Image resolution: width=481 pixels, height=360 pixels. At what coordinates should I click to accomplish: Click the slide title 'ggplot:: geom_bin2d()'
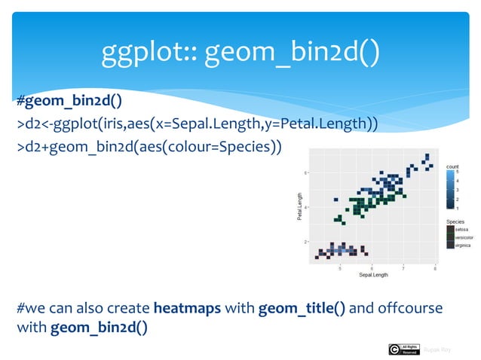click(x=240, y=51)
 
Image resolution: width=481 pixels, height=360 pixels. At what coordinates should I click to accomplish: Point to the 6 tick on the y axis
click(x=305, y=172)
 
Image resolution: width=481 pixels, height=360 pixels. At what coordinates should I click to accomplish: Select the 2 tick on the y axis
click(x=305, y=242)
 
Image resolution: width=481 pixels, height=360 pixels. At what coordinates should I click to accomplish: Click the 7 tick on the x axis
click(x=403, y=267)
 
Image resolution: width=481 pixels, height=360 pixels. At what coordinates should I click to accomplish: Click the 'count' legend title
click(x=452, y=166)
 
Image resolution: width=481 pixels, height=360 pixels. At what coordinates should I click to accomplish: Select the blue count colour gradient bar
click(x=450, y=189)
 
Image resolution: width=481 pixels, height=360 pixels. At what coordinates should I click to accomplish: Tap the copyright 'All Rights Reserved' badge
click(x=404, y=349)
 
